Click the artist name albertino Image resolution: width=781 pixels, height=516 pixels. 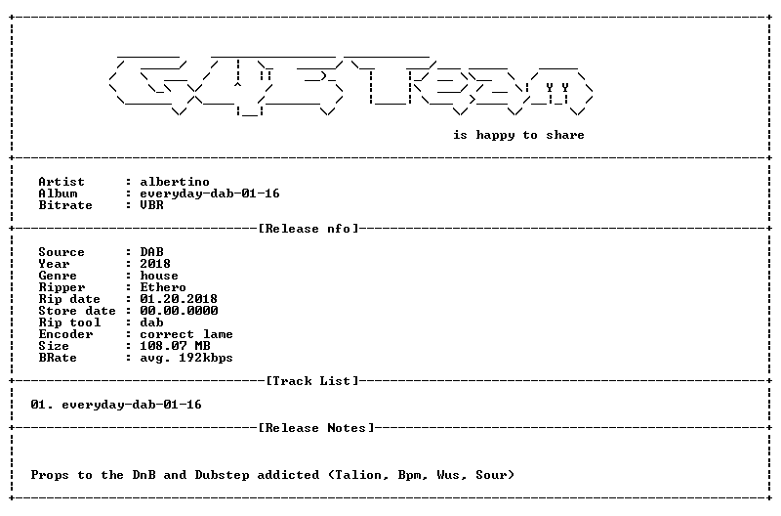(175, 182)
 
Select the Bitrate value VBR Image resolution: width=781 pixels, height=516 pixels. (151, 205)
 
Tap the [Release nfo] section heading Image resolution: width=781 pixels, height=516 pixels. (308, 229)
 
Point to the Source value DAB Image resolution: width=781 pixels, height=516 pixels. (151, 252)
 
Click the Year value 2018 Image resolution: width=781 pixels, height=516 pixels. (155, 264)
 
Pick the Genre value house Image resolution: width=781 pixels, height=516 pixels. (159, 276)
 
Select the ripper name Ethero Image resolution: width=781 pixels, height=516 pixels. (163, 287)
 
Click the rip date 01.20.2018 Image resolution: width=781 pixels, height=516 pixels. (179, 299)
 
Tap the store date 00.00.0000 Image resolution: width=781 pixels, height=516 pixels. (179, 311)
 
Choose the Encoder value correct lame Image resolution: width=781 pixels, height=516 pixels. (186, 334)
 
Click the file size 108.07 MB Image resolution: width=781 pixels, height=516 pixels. (175, 346)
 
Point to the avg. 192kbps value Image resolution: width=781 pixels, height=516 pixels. (186, 358)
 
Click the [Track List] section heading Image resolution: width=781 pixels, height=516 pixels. (312, 381)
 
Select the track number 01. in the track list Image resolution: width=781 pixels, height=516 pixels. (42, 405)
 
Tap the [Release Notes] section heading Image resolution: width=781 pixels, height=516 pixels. (315, 428)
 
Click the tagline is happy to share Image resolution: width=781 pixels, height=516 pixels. (518, 135)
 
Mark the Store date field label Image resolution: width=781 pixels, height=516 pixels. (77, 311)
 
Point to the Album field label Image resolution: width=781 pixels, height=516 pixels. (58, 193)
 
